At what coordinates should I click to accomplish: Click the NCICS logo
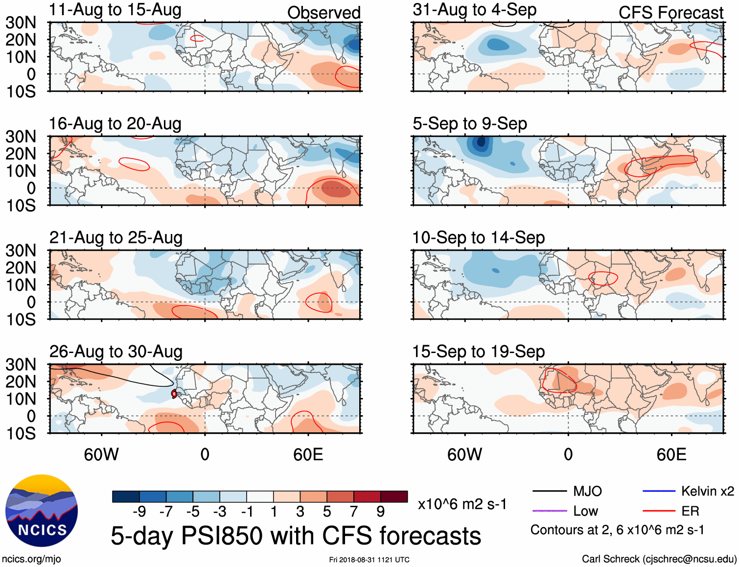[42, 511]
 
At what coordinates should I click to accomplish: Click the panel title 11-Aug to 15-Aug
[115, 10]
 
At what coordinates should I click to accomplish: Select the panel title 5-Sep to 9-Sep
[470, 124]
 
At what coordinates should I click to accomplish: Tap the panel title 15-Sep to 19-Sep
[478, 352]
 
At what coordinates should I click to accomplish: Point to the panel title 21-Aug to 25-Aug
[116, 237]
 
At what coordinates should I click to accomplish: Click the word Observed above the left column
[323, 13]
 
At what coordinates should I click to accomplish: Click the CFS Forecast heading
[670, 13]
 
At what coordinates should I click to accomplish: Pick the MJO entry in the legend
[587, 491]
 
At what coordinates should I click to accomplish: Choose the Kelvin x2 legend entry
[707, 491]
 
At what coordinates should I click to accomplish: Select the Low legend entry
[585, 511]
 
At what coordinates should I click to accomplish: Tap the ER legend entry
[690, 511]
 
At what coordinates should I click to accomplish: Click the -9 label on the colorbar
[139, 512]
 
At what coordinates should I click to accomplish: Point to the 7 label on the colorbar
[353, 512]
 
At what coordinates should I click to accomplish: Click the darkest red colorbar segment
[394, 496]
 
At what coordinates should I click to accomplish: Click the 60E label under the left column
[308, 454]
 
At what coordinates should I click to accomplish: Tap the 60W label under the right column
[464, 454]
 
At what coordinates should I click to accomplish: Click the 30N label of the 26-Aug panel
[21, 364]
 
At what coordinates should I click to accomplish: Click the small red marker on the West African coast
[174, 394]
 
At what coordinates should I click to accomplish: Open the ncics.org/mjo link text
[31, 559]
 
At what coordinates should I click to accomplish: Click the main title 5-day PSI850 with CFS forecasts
[296, 536]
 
